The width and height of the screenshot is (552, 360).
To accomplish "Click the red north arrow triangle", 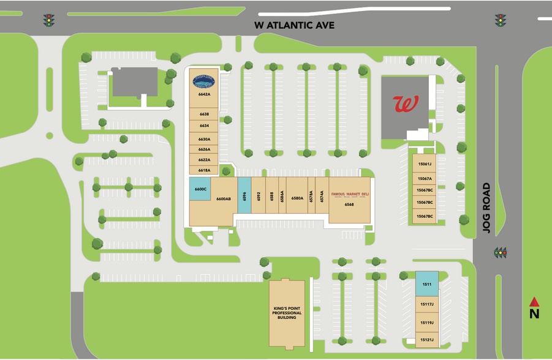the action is click(x=534, y=301).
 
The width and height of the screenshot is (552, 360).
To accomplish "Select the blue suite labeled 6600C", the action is click(x=200, y=189).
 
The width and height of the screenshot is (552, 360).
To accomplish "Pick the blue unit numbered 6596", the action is click(x=244, y=196).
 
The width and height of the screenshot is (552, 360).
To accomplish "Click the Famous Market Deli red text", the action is click(x=350, y=194).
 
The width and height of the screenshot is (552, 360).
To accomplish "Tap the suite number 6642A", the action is click(x=204, y=95).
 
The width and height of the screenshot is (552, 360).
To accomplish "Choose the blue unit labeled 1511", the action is click(x=427, y=283).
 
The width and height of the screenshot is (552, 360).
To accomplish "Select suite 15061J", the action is click(x=425, y=164).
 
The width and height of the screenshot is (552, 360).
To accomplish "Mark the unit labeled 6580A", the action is click(x=297, y=198).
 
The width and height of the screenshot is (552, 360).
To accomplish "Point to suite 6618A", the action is click(x=204, y=170).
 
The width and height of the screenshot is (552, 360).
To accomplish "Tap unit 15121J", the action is click(x=427, y=340).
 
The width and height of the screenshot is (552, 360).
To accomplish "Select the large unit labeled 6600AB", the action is click(x=223, y=199).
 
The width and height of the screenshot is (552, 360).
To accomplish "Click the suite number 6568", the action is click(x=349, y=204).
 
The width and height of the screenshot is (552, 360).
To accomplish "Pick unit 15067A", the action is click(x=425, y=179).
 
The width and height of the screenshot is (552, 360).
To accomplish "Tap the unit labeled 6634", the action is click(x=204, y=126).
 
